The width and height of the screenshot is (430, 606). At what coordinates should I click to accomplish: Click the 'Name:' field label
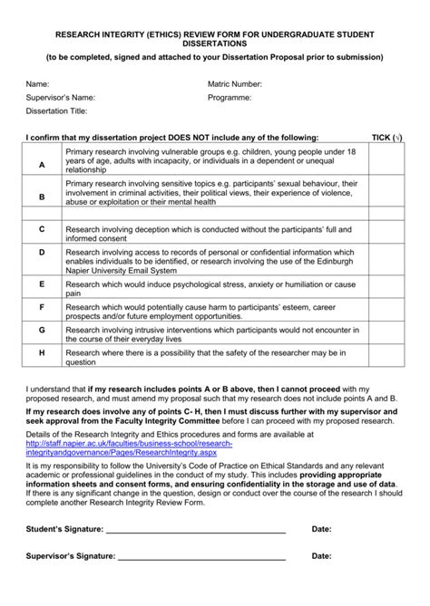click(x=37, y=83)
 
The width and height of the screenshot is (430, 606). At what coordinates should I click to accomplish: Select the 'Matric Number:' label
click(x=235, y=83)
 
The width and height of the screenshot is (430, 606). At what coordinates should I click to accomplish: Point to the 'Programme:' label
click(x=230, y=96)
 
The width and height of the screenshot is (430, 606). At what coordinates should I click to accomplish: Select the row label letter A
click(x=42, y=165)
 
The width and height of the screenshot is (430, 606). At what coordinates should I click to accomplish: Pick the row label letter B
click(x=42, y=196)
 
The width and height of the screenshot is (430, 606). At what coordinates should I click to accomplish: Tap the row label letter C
click(x=42, y=230)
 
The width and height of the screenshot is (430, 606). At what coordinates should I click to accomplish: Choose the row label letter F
click(x=42, y=308)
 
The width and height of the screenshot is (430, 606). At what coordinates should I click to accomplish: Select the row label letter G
click(x=42, y=331)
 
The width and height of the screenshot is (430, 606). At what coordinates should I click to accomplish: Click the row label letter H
click(x=42, y=353)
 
